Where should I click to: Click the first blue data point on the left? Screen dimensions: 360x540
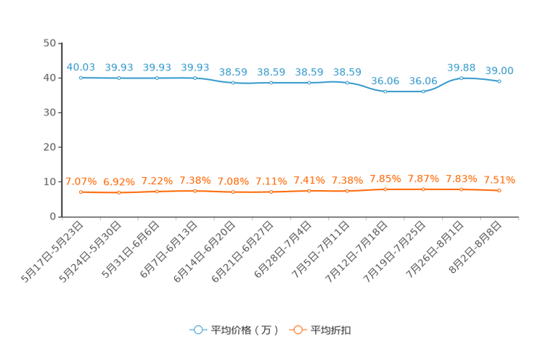click(x=81, y=77)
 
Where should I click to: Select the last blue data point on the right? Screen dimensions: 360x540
click(x=499, y=81)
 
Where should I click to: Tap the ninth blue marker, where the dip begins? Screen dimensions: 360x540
click(x=385, y=92)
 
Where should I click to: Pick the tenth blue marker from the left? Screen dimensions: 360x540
click(x=423, y=92)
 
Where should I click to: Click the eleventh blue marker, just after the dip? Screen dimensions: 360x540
click(x=461, y=77)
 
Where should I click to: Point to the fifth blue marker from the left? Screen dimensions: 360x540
click(x=233, y=82)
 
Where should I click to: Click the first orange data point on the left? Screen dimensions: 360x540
click(x=81, y=193)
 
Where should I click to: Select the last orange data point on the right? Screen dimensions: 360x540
click(x=499, y=191)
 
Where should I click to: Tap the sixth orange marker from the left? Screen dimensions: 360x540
click(x=271, y=192)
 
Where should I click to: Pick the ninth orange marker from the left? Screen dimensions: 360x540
click(x=385, y=189)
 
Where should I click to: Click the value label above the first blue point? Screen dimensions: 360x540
click(x=81, y=67)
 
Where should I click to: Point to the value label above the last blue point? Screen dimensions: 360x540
click(x=499, y=70)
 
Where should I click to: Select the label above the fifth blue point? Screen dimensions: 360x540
click(x=233, y=72)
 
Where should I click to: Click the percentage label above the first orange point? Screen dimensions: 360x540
click(x=81, y=181)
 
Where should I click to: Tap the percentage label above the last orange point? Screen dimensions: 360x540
click(x=499, y=179)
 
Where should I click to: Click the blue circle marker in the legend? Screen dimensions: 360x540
click(x=197, y=330)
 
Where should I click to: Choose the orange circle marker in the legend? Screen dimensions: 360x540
click(x=297, y=330)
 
